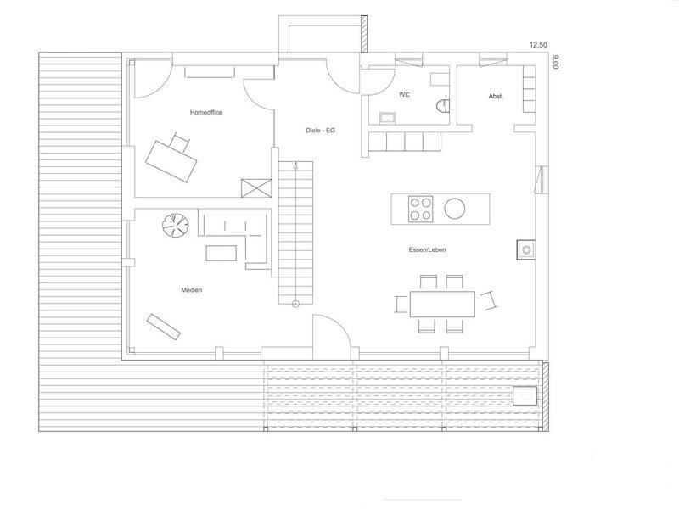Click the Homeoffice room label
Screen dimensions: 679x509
click(x=206, y=112)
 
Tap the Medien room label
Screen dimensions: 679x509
click(x=192, y=290)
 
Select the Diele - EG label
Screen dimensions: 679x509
click(x=321, y=131)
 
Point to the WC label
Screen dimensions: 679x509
click(x=405, y=94)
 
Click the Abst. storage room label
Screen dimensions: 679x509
click(x=496, y=96)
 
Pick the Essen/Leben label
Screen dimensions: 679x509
click(x=428, y=249)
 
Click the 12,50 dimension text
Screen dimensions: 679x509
click(x=539, y=45)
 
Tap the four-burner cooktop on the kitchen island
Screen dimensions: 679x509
click(x=420, y=209)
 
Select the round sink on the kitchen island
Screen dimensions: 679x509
click(x=455, y=208)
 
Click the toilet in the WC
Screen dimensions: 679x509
click(x=442, y=106)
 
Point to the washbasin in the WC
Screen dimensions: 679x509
click(x=387, y=118)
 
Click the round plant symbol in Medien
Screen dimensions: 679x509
click(x=176, y=225)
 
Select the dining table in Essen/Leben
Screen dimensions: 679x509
click(x=442, y=304)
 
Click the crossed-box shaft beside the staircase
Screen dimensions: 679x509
click(x=256, y=188)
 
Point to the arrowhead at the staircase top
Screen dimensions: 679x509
click(x=295, y=165)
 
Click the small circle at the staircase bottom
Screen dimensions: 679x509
click(x=295, y=304)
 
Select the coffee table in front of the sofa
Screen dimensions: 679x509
click(x=222, y=253)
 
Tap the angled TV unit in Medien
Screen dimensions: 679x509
click(x=163, y=327)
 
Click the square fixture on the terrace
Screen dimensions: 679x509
click(x=525, y=395)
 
